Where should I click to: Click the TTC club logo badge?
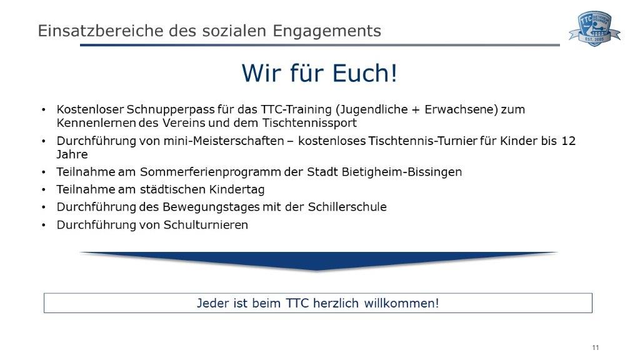[595, 29]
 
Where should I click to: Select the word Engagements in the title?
[327, 31]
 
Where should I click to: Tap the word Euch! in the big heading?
[364, 73]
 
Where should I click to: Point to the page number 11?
[596, 347]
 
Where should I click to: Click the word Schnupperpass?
[171, 110]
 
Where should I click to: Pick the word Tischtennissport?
[309, 123]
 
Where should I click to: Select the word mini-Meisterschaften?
[224, 141]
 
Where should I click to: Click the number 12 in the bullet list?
[569, 141]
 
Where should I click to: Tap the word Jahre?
[72, 154]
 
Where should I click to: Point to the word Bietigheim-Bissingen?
[402, 172]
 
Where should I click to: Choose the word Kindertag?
[237, 190]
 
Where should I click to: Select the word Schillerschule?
[347, 207]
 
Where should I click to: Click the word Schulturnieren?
[206, 225]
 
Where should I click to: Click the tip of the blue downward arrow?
[317, 270]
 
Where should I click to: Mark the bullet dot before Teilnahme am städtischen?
[44, 190]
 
